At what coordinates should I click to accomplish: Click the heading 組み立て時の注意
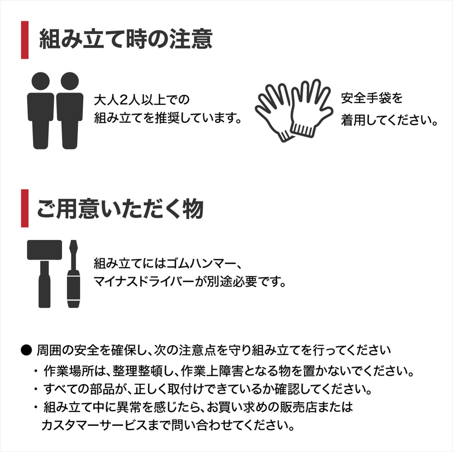click(x=126, y=39)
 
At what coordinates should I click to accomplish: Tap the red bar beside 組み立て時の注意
click(x=25, y=40)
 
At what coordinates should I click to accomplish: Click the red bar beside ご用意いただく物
click(x=25, y=208)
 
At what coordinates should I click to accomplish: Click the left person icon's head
click(x=40, y=81)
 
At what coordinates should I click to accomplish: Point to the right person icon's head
click(x=70, y=81)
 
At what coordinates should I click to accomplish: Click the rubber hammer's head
click(x=44, y=250)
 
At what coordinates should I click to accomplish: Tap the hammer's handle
click(x=44, y=284)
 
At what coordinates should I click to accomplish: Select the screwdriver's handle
click(x=74, y=289)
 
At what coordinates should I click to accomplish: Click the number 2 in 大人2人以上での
click(x=123, y=100)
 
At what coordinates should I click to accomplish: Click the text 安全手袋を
click(x=372, y=98)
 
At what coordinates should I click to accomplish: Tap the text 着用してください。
click(x=389, y=120)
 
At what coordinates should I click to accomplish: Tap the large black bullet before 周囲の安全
click(x=26, y=350)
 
